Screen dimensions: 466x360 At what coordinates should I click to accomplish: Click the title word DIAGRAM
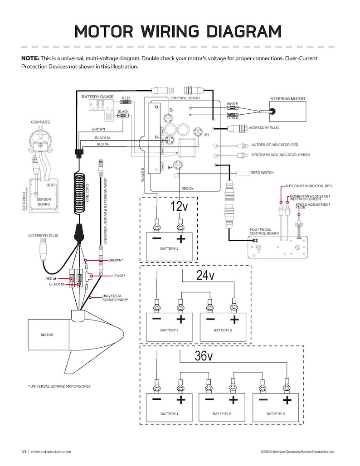point(244,31)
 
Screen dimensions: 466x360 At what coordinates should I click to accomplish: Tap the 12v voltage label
point(179,207)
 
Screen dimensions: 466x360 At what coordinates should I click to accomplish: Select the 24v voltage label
point(205,275)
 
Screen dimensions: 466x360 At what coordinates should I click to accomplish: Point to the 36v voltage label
point(204,356)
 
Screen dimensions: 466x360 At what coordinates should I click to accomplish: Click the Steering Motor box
point(287,112)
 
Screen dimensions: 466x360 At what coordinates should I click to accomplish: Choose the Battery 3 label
point(275,414)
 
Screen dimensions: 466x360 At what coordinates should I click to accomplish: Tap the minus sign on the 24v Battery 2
point(210,319)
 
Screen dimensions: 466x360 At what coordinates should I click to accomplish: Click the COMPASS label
point(40,122)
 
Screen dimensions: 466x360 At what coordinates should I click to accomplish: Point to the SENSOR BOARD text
point(44,202)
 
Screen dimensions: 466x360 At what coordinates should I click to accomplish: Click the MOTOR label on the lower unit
point(47,335)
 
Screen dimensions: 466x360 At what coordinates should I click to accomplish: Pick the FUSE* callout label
point(120,275)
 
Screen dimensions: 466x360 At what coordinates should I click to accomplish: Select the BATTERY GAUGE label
point(97,97)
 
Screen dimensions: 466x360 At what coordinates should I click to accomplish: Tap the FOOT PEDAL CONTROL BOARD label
point(264,232)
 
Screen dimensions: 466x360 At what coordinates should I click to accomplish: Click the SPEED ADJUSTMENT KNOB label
point(306,206)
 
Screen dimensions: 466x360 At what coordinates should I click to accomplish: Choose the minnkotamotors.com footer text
point(52,451)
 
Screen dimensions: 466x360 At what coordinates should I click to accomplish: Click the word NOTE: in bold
point(30,58)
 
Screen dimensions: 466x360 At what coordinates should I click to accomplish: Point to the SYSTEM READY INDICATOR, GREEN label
point(280,155)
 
